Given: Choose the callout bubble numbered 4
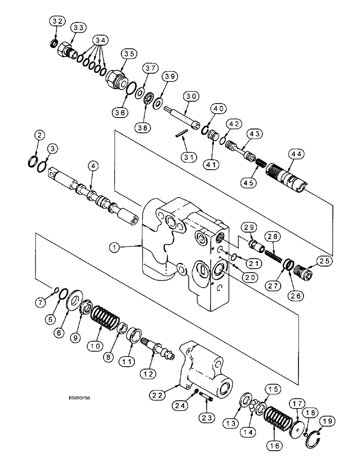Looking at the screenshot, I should click(94, 164).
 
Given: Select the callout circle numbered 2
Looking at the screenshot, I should click(40, 135).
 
